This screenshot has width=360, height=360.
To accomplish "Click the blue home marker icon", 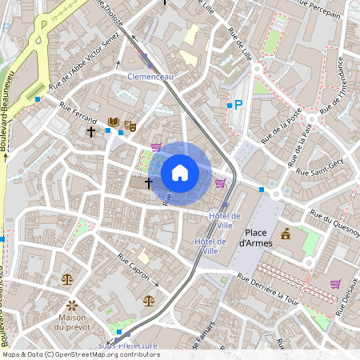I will (x=180, y=172).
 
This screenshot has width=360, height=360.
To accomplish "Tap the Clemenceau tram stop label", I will (x=150, y=76).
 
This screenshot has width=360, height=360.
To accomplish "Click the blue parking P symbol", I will (x=238, y=104).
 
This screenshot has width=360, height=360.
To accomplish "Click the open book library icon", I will (x=114, y=123).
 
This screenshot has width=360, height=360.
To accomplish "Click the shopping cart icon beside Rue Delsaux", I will (x=335, y=283).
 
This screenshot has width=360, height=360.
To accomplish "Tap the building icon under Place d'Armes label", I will (x=286, y=234).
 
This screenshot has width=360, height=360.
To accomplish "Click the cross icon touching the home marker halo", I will (x=148, y=183).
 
